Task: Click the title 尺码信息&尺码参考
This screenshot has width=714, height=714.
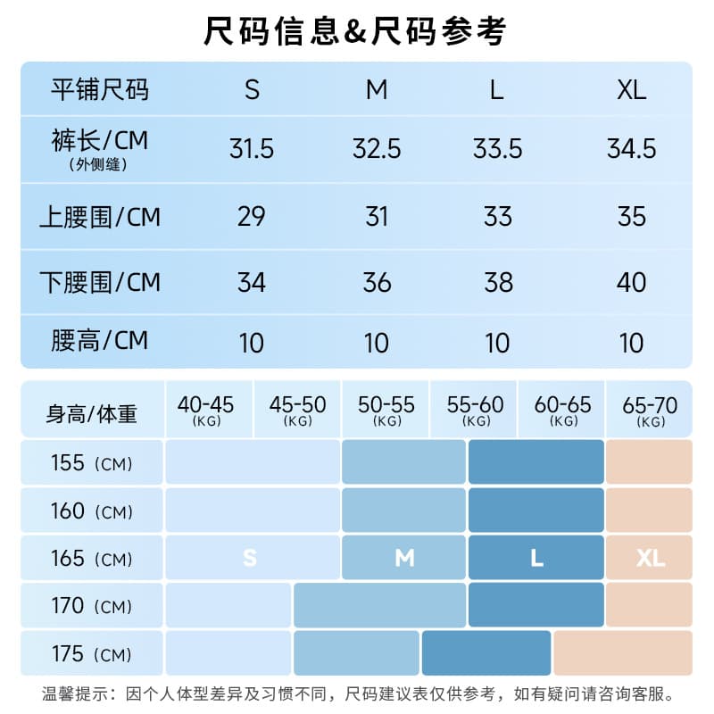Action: [354, 31]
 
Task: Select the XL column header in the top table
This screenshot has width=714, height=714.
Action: [632, 90]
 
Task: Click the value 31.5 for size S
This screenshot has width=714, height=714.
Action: [252, 149]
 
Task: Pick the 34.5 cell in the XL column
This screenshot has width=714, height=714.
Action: [632, 149]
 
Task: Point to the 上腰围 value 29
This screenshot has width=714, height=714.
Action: [251, 216]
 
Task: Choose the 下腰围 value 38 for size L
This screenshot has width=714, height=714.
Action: [499, 282]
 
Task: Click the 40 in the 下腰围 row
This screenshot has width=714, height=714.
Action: [631, 282]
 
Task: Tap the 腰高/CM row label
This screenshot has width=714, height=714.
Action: [99, 341]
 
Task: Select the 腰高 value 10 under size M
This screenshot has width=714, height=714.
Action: [376, 343]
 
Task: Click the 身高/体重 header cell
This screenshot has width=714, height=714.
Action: [92, 414]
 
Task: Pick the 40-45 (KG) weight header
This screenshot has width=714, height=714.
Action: [206, 410]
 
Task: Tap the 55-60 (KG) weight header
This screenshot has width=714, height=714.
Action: [476, 410]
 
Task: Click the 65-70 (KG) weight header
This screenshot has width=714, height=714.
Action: [651, 410]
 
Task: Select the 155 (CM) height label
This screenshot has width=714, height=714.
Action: [92, 463]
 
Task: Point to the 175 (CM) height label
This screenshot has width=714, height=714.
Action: [92, 654]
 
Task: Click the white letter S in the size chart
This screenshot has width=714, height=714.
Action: [250, 558]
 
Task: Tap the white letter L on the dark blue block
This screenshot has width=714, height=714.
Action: [537, 558]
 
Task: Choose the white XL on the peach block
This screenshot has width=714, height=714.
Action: [651, 558]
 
